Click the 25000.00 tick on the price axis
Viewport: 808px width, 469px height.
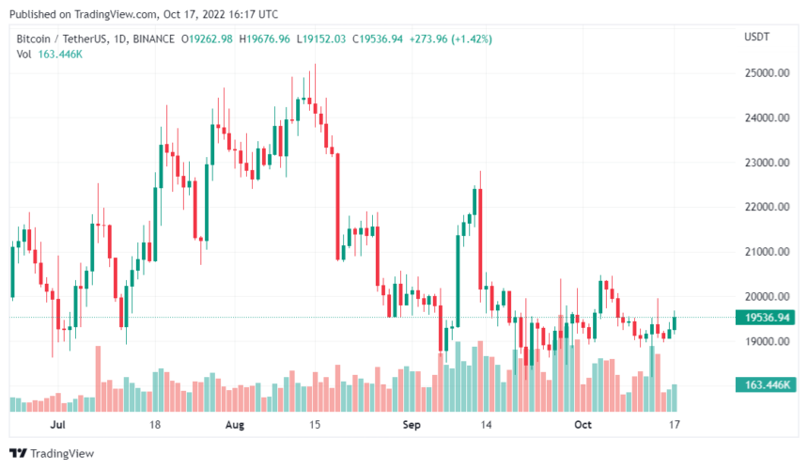(767, 73)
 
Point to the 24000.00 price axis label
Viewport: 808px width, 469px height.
(767, 118)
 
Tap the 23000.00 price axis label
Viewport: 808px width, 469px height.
(767, 163)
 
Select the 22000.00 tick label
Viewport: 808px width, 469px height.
(767, 208)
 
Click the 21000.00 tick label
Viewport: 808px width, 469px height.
(767, 252)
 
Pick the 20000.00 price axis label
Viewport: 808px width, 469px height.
(767, 297)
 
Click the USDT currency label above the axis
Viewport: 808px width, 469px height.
(757, 38)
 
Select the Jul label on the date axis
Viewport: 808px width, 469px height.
(58, 425)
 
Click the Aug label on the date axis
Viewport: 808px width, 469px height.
(235, 425)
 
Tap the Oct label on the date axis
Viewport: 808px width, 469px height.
(583, 425)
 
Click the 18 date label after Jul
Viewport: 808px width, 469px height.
(155, 425)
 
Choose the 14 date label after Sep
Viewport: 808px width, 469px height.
(487, 425)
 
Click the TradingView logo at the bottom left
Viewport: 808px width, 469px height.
(56, 454)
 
